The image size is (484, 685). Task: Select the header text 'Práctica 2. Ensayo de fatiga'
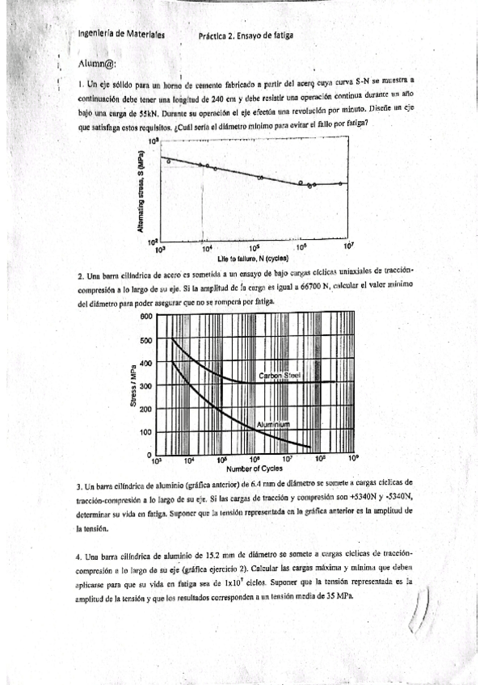tap(245, 36)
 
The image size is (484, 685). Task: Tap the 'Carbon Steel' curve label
tap(280, 376)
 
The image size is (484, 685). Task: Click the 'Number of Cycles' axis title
tap(254, 469)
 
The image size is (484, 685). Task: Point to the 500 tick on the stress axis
tap(147, 340)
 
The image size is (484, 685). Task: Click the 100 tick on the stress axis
tap(147, 433)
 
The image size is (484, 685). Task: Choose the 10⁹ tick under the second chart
tap(353, 460)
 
